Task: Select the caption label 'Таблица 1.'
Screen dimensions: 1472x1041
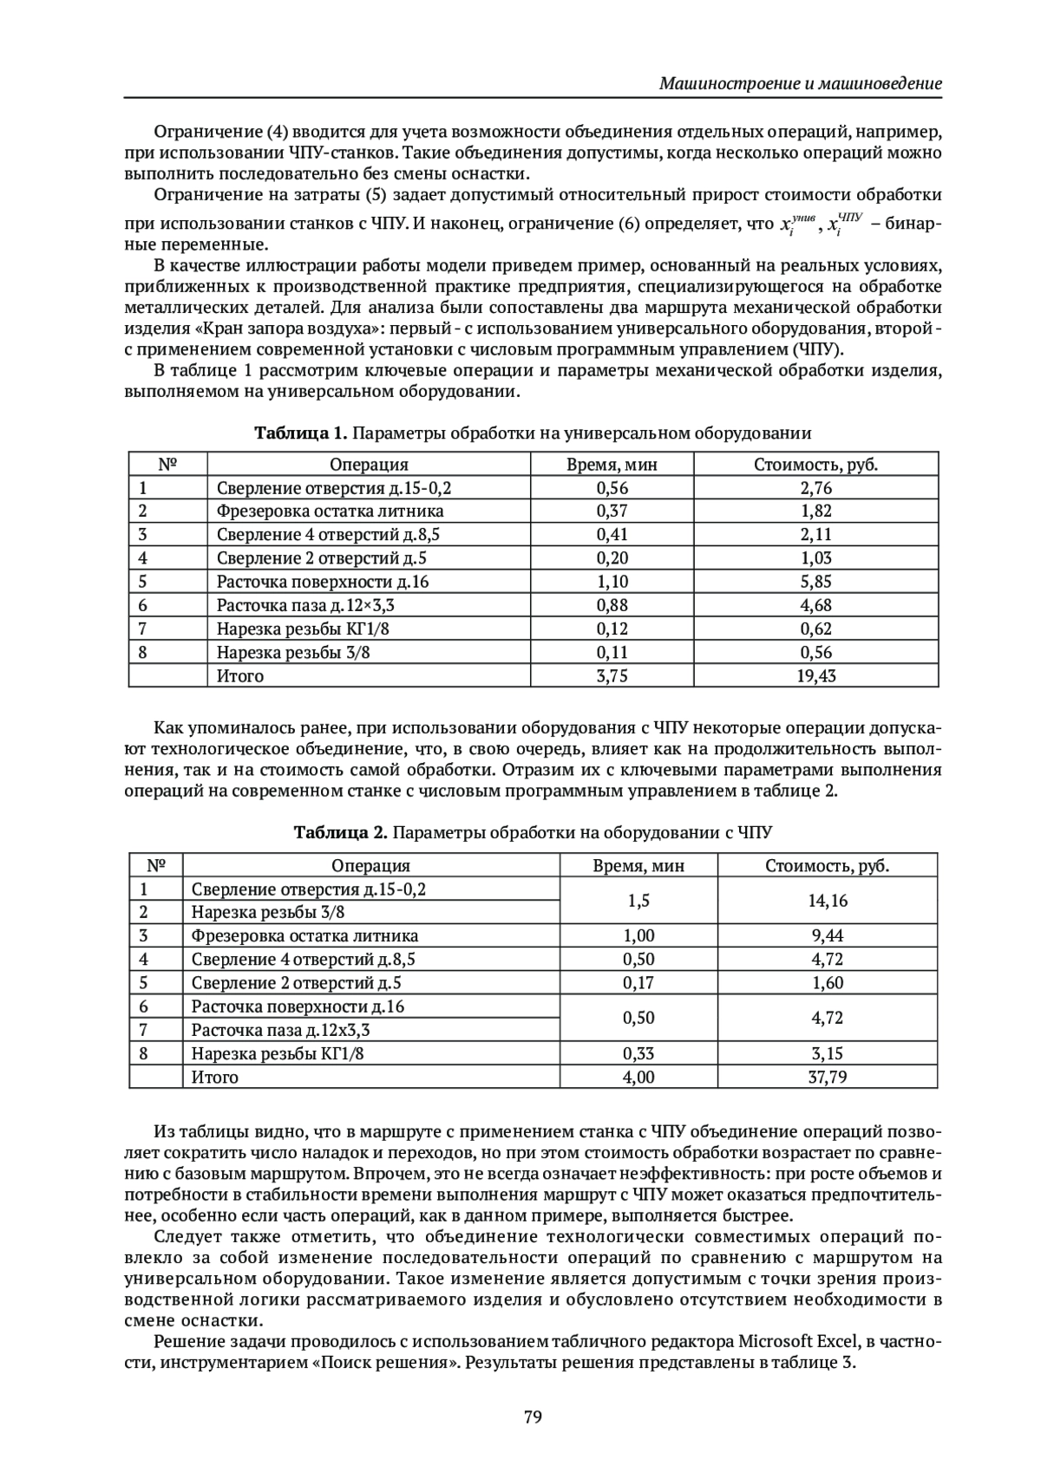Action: coord(300,433)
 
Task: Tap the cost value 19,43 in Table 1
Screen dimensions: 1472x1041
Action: coord(815,675)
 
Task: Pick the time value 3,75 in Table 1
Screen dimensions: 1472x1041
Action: coord(612,675)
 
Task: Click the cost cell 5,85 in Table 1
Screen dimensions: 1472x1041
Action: coord(815,582)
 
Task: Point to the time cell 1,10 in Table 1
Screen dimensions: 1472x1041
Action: coord(612,582)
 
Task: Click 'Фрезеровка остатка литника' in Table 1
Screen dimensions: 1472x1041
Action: coord(330,511)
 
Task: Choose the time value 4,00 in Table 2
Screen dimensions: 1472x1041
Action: coord(638,1078)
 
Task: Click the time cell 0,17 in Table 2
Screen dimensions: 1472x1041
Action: coord(638,983)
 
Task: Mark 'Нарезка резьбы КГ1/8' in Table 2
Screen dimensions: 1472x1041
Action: coord(278,1054)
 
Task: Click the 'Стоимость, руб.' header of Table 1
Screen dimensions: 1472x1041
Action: coord(815,465)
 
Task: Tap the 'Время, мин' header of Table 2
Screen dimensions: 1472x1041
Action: coord(638,865)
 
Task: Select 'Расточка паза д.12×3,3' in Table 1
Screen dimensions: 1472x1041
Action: coord(311,605)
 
